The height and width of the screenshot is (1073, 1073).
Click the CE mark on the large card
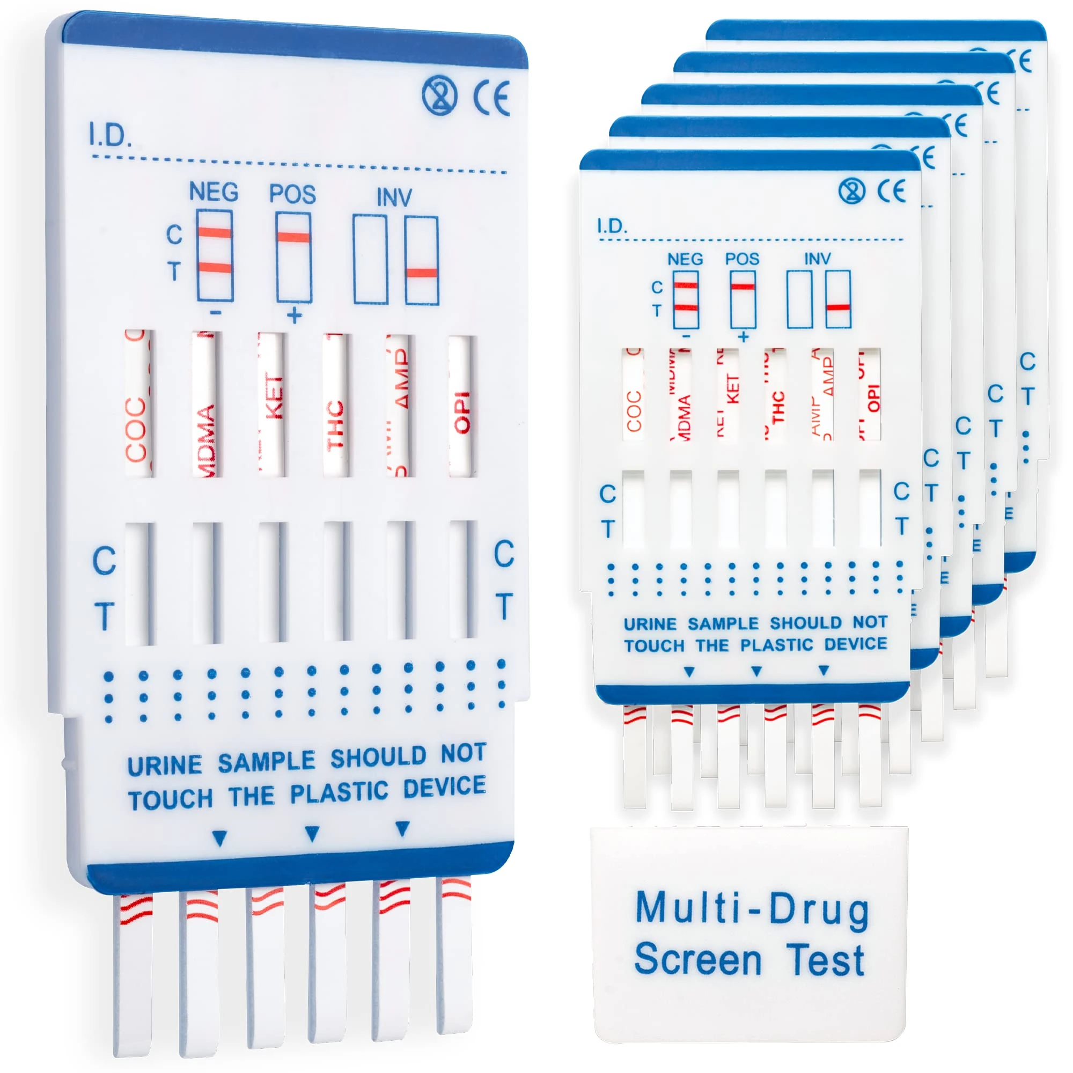[491, 98]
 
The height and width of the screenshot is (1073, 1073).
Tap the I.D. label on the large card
[109, 135]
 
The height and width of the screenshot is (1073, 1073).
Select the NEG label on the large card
[214, 192]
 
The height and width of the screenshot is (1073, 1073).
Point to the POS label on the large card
[293, 194]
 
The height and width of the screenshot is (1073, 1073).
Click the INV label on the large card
[394, 197]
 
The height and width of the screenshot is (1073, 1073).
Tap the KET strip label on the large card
[274, 398]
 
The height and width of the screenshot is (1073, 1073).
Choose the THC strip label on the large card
[335, 425]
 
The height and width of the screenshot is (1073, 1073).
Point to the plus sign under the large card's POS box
[295, 316]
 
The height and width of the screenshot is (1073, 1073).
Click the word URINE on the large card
[165, 766]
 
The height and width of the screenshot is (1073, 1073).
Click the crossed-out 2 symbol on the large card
[439, 95]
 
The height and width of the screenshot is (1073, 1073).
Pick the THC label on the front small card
[778, 407]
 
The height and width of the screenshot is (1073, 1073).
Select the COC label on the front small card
[634, 411]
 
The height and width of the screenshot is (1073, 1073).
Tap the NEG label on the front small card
[685, 259]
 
